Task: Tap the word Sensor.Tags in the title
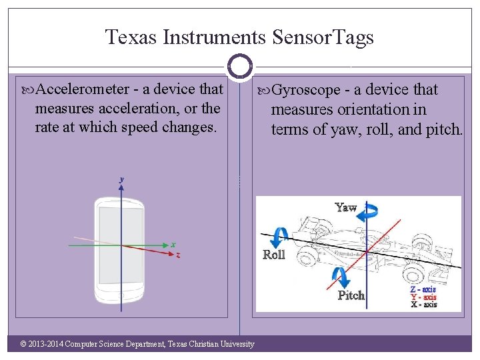click(x=324, y=37)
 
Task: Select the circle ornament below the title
click(x=240, y=67)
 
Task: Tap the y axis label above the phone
click(x=121, y=179)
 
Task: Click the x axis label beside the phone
click(x=173, y=244)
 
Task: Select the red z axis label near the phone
click(x=177, y=255)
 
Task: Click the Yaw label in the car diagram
click(x=346, y=207)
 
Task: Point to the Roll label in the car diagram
click(x=273, y=255)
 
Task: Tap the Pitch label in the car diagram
click(x=351, y=295)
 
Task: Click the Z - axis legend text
click(x=423, y=289)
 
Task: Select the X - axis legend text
click(x=423, y=304)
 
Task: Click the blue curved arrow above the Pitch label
click(x=341, y=276)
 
